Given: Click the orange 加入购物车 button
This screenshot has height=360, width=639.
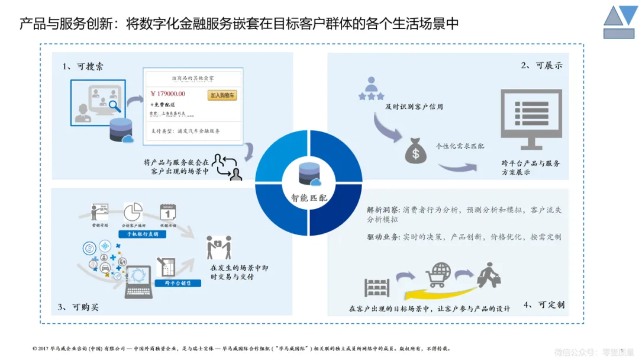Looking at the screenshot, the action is click(222, 95).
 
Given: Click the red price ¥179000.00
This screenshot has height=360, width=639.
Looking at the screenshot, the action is click(168, 94).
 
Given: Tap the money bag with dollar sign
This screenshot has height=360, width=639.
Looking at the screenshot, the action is click(415, 152).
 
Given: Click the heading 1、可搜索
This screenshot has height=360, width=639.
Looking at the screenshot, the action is click(83, 67).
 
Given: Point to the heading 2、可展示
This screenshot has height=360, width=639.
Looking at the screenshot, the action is click(541, 66).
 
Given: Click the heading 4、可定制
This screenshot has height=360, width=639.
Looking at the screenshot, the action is click(544, 305).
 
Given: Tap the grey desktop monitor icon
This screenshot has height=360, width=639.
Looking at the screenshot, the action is click(528, 118).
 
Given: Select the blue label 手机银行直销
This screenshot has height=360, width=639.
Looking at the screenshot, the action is click(142, 234).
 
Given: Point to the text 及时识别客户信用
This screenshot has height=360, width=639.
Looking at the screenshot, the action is click(414, 107).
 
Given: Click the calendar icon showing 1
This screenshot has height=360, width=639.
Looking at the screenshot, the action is click(169, 212).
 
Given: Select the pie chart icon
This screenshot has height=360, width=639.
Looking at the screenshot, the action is click(133, 212).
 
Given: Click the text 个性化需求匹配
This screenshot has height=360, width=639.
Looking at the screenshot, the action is click(460, 146).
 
